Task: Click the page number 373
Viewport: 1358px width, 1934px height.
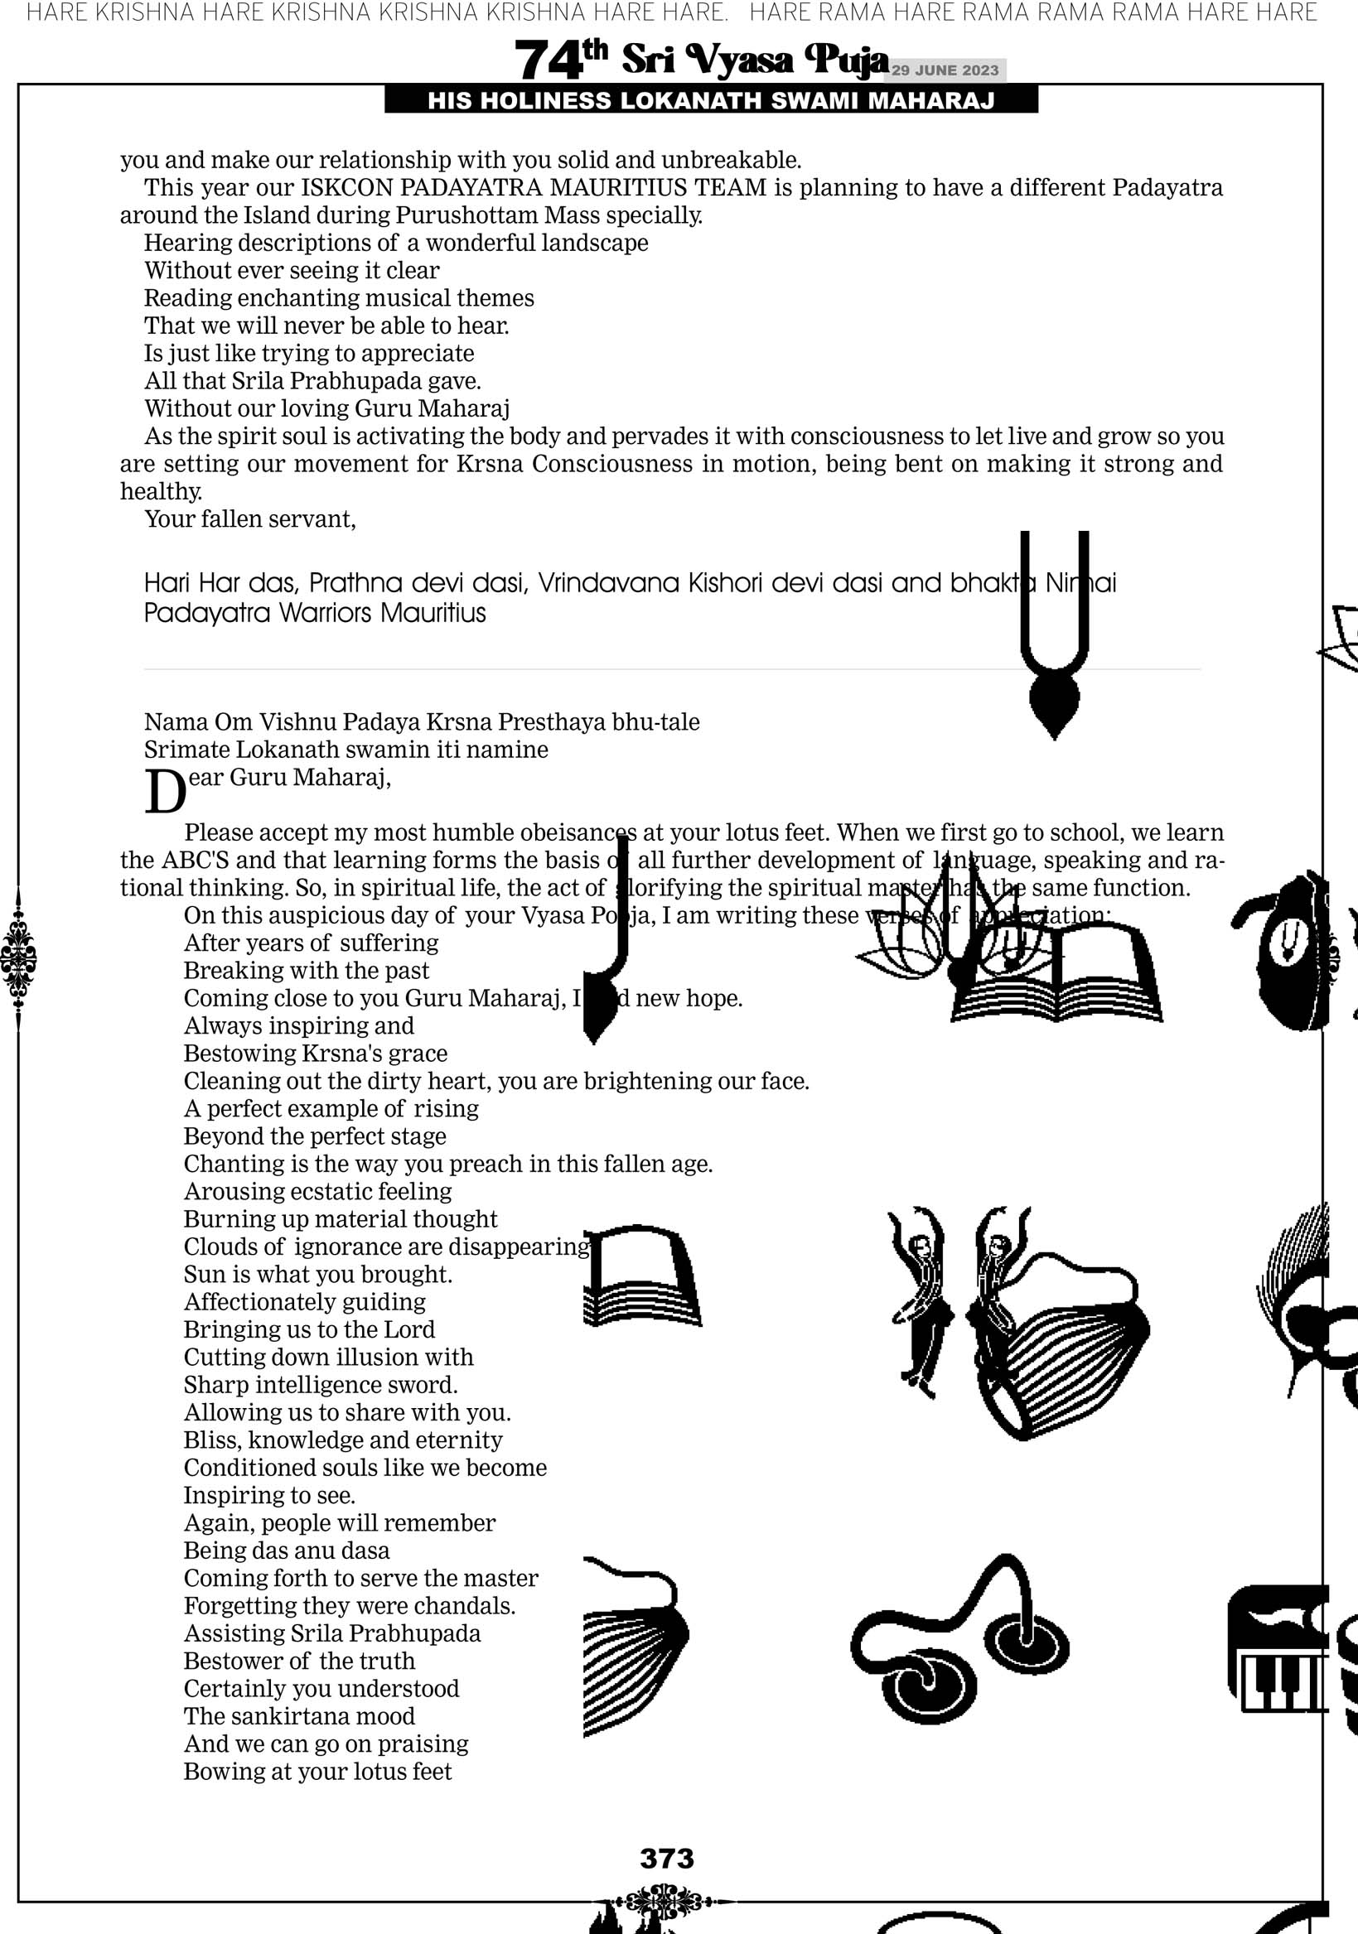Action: pyautogui.click(x=666, y=1857)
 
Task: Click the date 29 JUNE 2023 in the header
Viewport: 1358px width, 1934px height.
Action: pyautogui.click(x=945, y=70)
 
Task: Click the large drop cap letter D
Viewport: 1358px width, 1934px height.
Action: pyautogui.click(x=164, y=792)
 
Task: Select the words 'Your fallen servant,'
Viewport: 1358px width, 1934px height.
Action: pyautogui.click(x=250, y=518)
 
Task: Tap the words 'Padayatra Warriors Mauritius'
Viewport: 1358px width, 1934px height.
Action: pyautogui.click(x=315, y=612)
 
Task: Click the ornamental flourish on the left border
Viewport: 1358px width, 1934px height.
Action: pyautogui.click(x=17, y=957)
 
